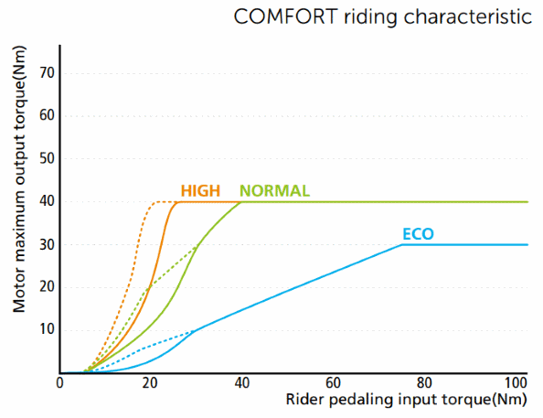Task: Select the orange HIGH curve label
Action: coord(200,191)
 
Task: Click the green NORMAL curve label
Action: coord(274,191)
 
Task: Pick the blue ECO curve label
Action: coord(418,234)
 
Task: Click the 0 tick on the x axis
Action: coord(60,384)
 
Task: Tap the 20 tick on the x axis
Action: coord(151,384)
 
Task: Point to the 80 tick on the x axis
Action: coord(424,384)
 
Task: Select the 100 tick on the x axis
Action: coord(516,384)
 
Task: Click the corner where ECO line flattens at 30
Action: coord(402,244)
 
